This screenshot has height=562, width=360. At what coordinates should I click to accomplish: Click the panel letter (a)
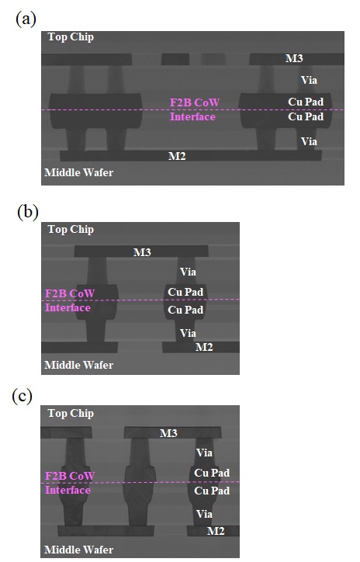(x=26, y=19)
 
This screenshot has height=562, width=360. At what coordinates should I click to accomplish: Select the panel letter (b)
(x=28, y=212)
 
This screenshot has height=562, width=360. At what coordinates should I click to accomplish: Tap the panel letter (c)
(x=22, y=396)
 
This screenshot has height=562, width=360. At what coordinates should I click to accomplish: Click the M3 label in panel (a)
(x=294, y=58)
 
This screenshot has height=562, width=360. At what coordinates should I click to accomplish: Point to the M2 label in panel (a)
(x=177, y=156)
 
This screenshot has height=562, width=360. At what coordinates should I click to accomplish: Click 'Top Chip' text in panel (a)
(x=71, y=37)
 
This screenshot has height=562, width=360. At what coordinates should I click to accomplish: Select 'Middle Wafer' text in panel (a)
(x=79, y=172)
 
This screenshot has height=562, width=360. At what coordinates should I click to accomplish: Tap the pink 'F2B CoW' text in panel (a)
(x=195, y=102)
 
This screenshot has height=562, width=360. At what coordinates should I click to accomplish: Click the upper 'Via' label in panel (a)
(x=309, y=80)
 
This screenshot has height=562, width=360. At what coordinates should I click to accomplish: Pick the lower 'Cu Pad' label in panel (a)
(x=306, y=116)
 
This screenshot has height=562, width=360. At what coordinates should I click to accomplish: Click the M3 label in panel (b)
(x=142, y=252)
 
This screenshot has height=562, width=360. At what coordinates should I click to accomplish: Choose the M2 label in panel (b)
(x=204, y=347)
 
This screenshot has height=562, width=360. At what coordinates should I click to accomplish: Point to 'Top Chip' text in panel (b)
(x=71, y=230)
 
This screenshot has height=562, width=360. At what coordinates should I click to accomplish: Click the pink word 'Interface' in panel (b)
(x=67, y=307)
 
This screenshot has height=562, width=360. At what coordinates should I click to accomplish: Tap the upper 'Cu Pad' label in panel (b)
(x=185, y=292)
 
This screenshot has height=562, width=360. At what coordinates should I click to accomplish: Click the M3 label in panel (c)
(x=168, y=433)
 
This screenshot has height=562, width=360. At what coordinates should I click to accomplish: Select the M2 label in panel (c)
(x=216, y=531)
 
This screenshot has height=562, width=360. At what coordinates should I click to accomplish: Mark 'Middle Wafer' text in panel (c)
(x=79, y=550)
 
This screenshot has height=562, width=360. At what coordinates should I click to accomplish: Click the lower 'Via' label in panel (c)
(x=204, y=514)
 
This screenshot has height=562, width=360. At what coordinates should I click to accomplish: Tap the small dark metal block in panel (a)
(x=175, y=59)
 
